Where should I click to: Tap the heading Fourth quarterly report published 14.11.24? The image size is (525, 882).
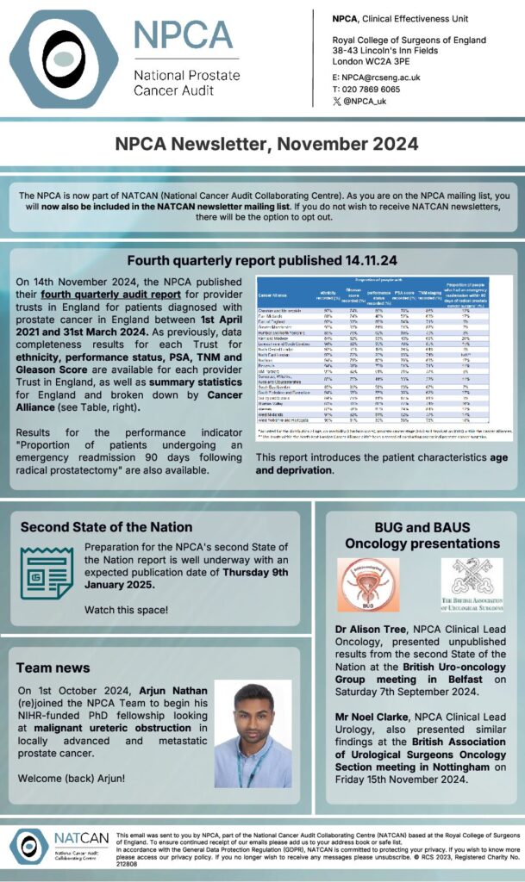click(261, 261)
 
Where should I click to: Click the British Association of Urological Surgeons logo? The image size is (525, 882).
click(471, 586)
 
